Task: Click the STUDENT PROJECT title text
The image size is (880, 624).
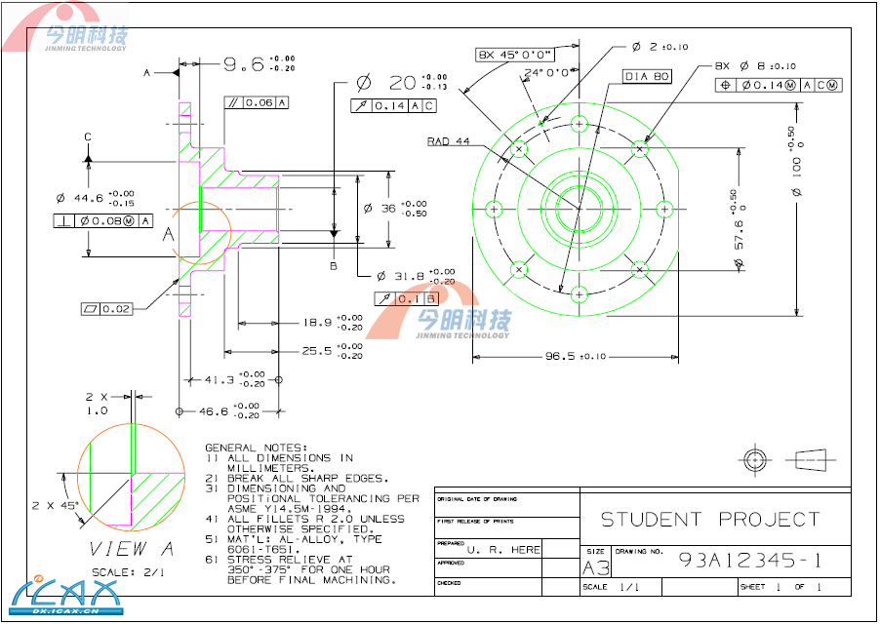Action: (709, 520)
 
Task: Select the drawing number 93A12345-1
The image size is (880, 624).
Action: (749, 561)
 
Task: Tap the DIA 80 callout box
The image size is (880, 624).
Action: (647, 76)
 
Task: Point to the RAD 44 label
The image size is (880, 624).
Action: (448, 141)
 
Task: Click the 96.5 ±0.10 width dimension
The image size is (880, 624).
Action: (575, 357)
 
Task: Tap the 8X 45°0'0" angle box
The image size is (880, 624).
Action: (515, 55)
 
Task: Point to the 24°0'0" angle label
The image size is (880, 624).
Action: (546, 73)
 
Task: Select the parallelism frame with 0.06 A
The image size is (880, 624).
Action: (257, 102)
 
